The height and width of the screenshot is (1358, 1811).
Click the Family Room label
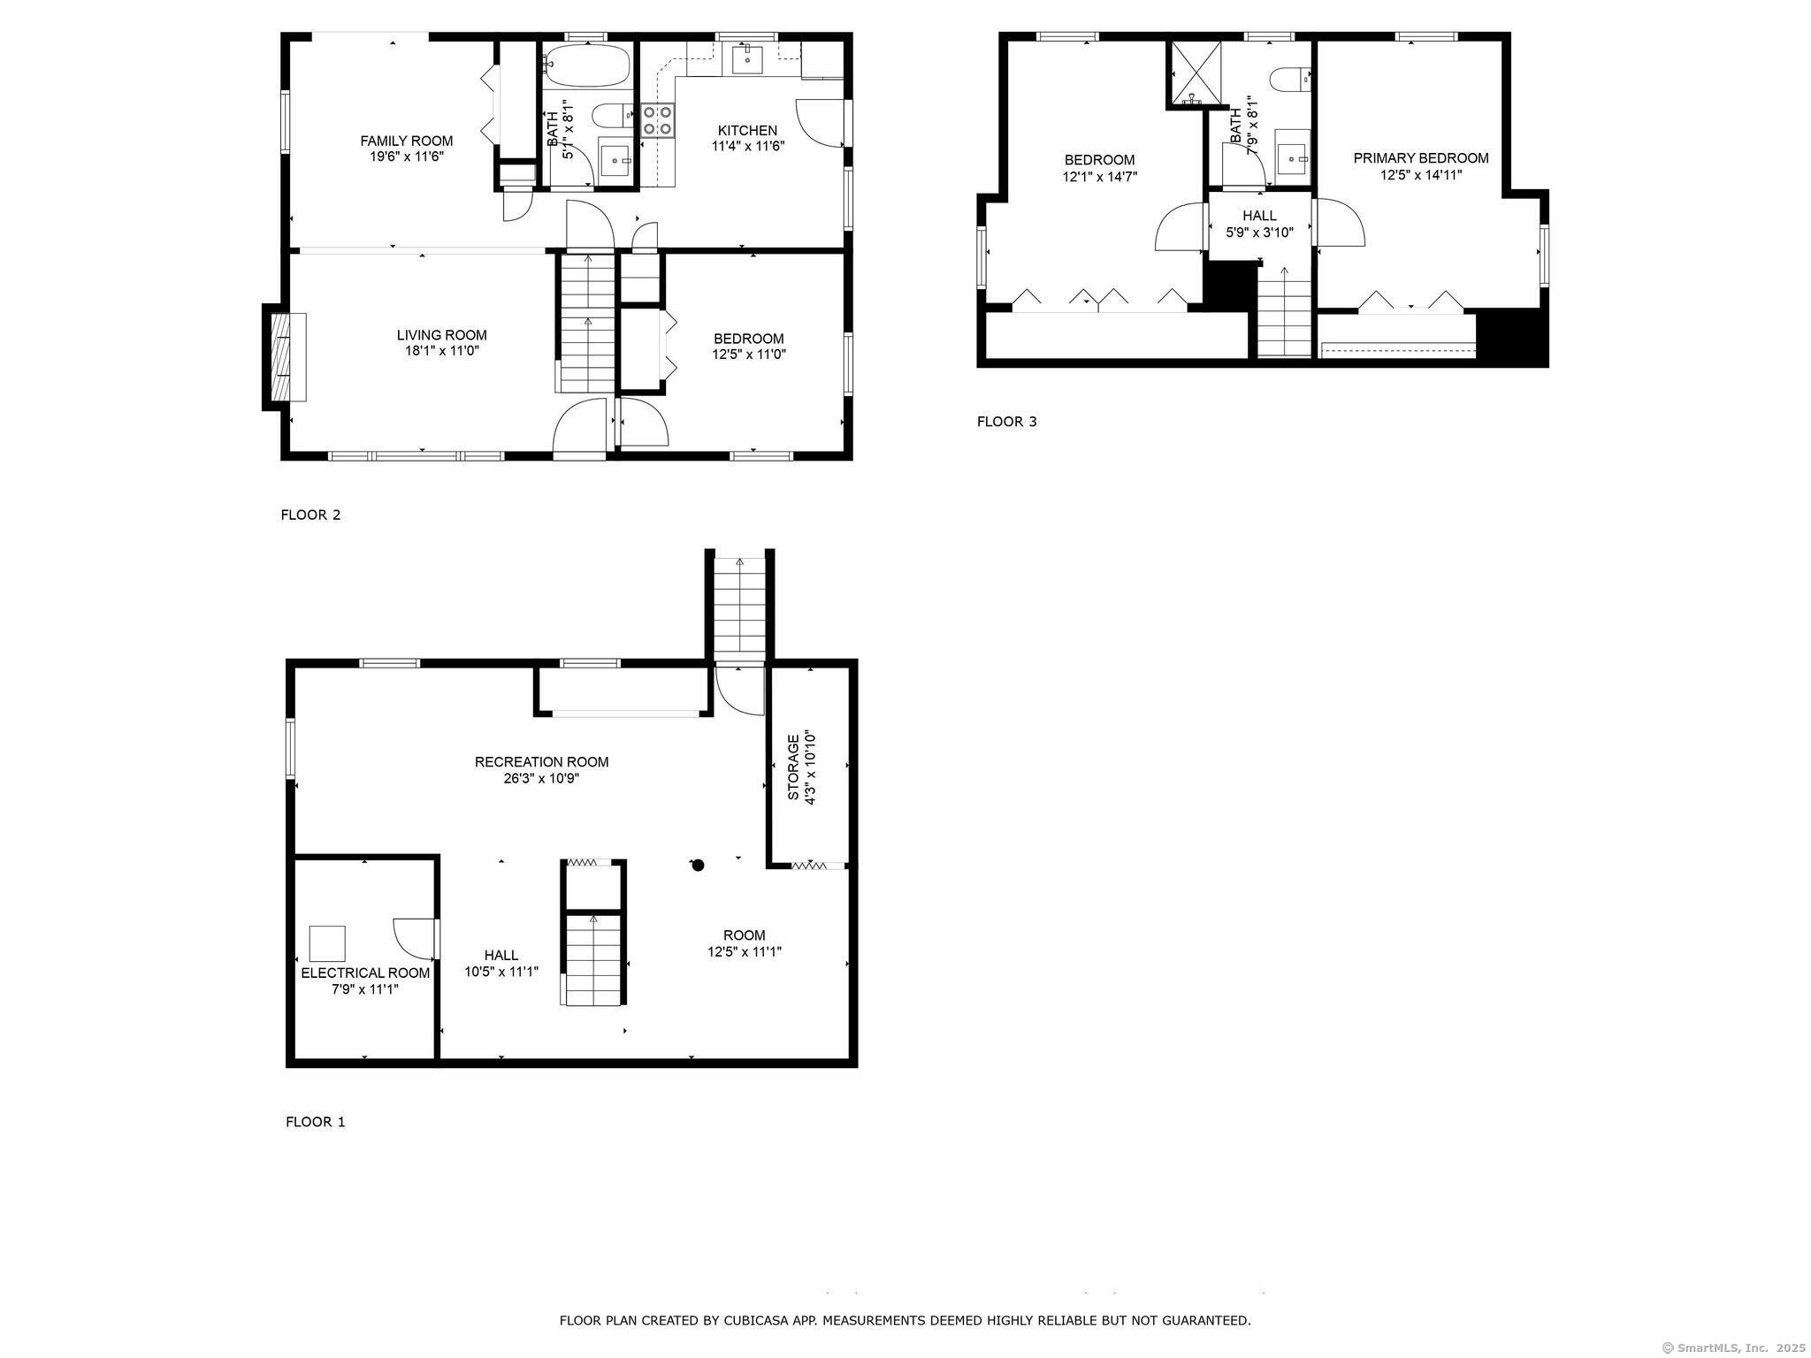[x=406, y=141]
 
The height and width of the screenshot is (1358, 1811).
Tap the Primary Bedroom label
[x=1421, y=158]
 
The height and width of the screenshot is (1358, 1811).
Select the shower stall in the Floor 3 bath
[x=1196, y=72]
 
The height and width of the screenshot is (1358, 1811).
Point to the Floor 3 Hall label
[x=1259, y=216]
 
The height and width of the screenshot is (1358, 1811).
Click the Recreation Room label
[x=541, y=762]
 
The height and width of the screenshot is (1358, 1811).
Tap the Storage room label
[x=793, y=767]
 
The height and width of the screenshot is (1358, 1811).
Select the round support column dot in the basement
[x=698, y=866]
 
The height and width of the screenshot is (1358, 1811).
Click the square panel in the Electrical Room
[x=327, y=943]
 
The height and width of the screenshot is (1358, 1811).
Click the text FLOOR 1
[x=315, y=1122]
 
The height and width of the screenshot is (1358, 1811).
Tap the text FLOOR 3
[x=1006, y=422]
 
